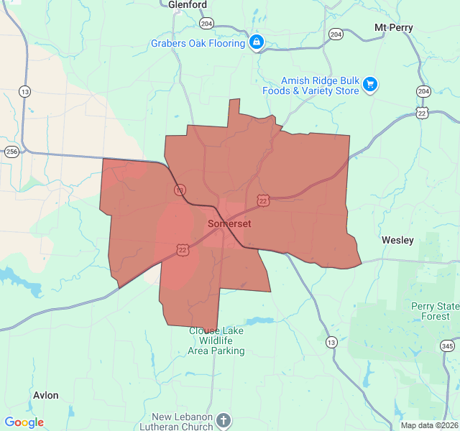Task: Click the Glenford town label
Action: pyautogui.click(x=188, y=5)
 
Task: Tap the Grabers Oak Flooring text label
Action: pyautogui.click(x=197, y=43)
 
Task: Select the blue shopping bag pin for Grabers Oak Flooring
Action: pyautogui.click(x=256, y=42)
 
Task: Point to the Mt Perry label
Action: pyautogui.click(x=393, y=27)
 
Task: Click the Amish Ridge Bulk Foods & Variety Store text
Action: pyautogui.click(x=321, y=86)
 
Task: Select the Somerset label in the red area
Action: pyautogui.click(x=229, y=224)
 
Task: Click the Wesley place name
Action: pyautogui.click(x=397, y=240)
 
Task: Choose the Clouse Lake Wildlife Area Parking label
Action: pyautogui.click(x=216, y=340)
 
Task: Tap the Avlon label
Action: pyautogui.click(x=46, y=396)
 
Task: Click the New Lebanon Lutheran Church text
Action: pyautogui.click(x=183, y=422)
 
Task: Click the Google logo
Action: pyautogui.click(x=24, y=422)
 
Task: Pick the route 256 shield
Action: pyautogui.click(x=11, y=152)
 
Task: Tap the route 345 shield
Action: pyautogui.click(x=446, y=346)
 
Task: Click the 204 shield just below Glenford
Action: pyautogui.click(x=207, y=24)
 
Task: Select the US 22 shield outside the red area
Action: pyautogui.click(x=422, y=113)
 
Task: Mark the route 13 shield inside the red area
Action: pyautogui.click(x=180, y=190)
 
